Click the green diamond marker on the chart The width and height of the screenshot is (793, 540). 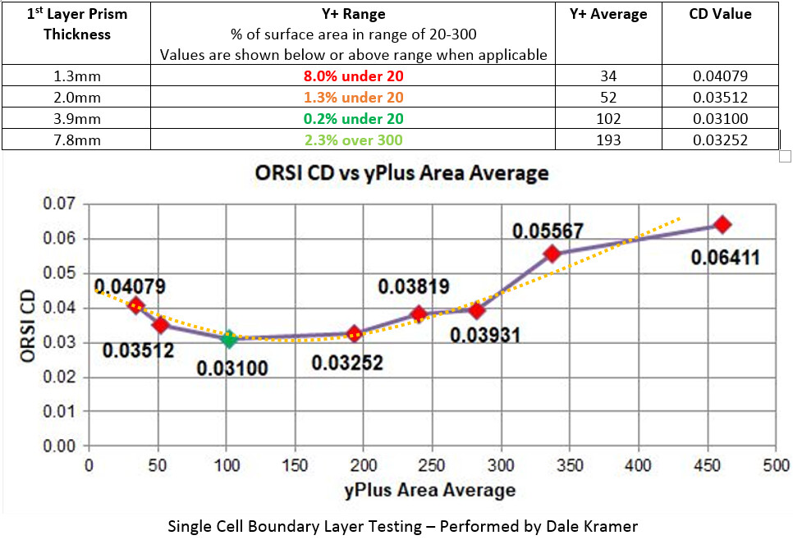coord(229,338)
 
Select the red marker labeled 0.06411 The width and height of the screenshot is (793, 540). coord(722,225)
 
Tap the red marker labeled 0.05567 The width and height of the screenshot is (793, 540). coord(552,254)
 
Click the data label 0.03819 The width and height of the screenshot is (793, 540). coord(413,286)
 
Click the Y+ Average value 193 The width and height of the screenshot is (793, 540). coord(608,140)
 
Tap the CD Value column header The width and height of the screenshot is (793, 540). coord(719,14)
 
